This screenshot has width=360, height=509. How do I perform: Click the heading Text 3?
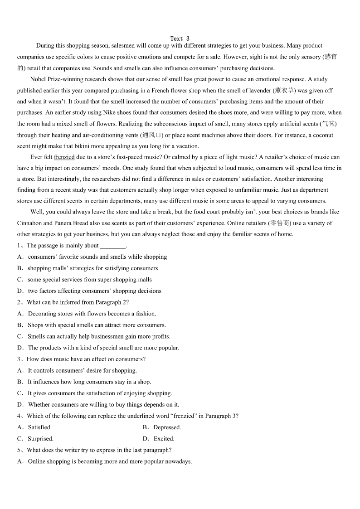tap(180, 39)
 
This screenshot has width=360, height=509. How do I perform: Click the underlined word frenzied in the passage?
tap(64, 157)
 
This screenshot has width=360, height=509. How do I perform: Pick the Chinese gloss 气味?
tap(328, 124)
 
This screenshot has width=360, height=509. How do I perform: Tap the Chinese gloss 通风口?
tap(151, 135)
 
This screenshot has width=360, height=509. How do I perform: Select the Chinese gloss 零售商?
tap(280, 223)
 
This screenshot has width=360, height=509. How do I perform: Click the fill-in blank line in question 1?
tap(112, 246)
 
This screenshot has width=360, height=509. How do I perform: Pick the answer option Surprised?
tap(40, 439)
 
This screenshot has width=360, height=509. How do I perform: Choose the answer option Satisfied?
tap(40, 427)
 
